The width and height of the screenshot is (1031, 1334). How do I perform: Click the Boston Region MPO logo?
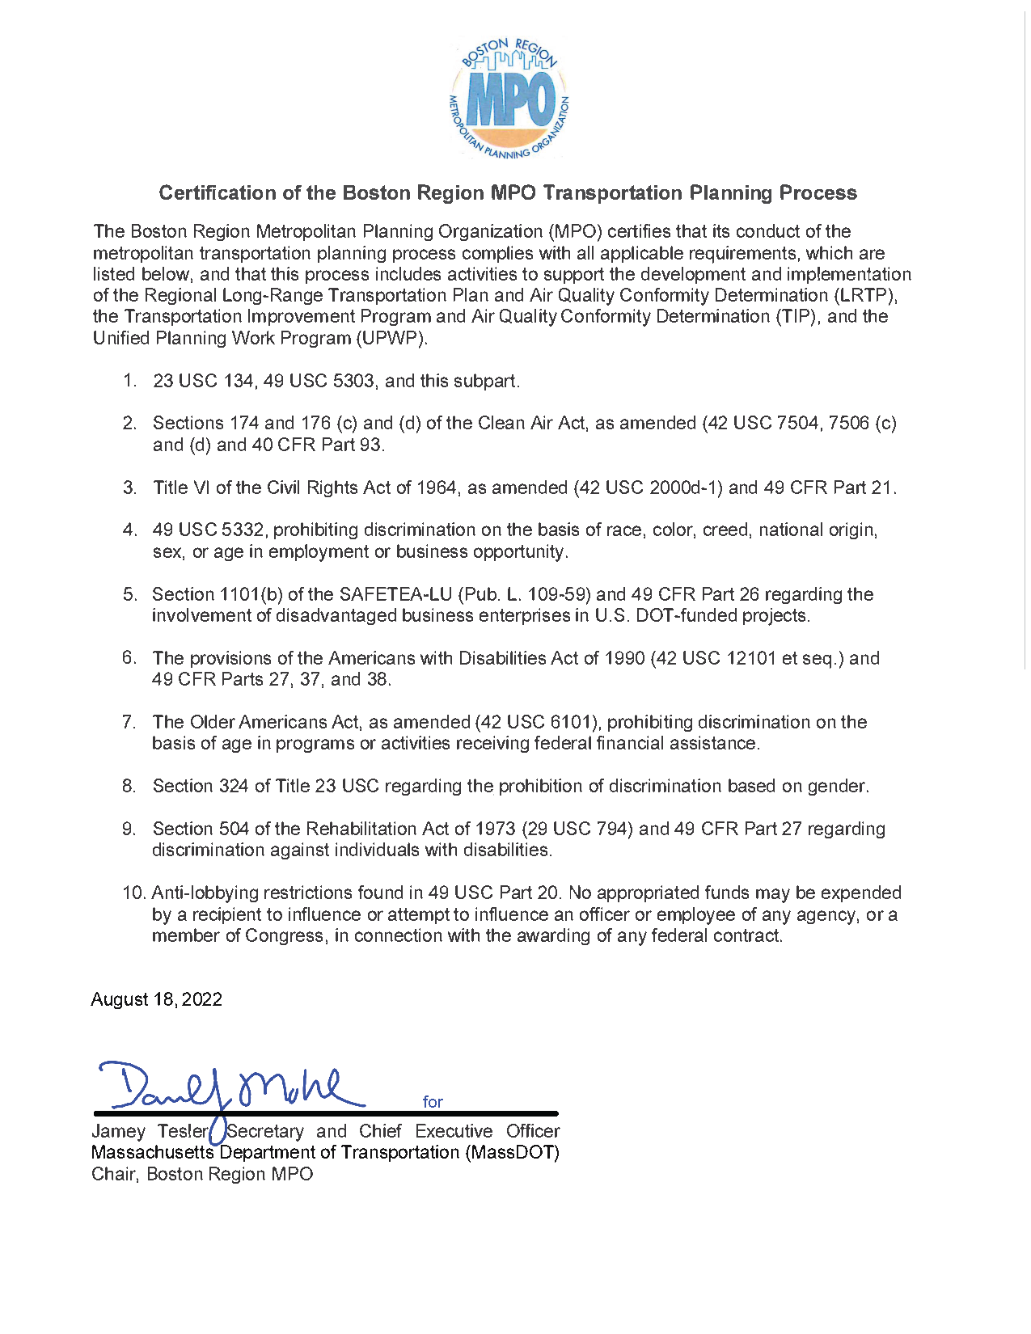[509, 98]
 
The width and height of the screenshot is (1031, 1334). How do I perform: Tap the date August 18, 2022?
[156, 999]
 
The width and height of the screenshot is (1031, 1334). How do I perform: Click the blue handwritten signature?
[230, 1087]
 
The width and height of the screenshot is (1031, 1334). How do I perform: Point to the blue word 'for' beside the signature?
[433, 1102]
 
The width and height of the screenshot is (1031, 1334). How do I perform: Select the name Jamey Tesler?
[150, 1131]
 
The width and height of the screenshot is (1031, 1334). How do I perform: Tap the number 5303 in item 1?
[353, 381]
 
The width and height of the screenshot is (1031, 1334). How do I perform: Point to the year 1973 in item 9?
[495, 829]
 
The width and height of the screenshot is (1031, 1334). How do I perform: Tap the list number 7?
[129, 722]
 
